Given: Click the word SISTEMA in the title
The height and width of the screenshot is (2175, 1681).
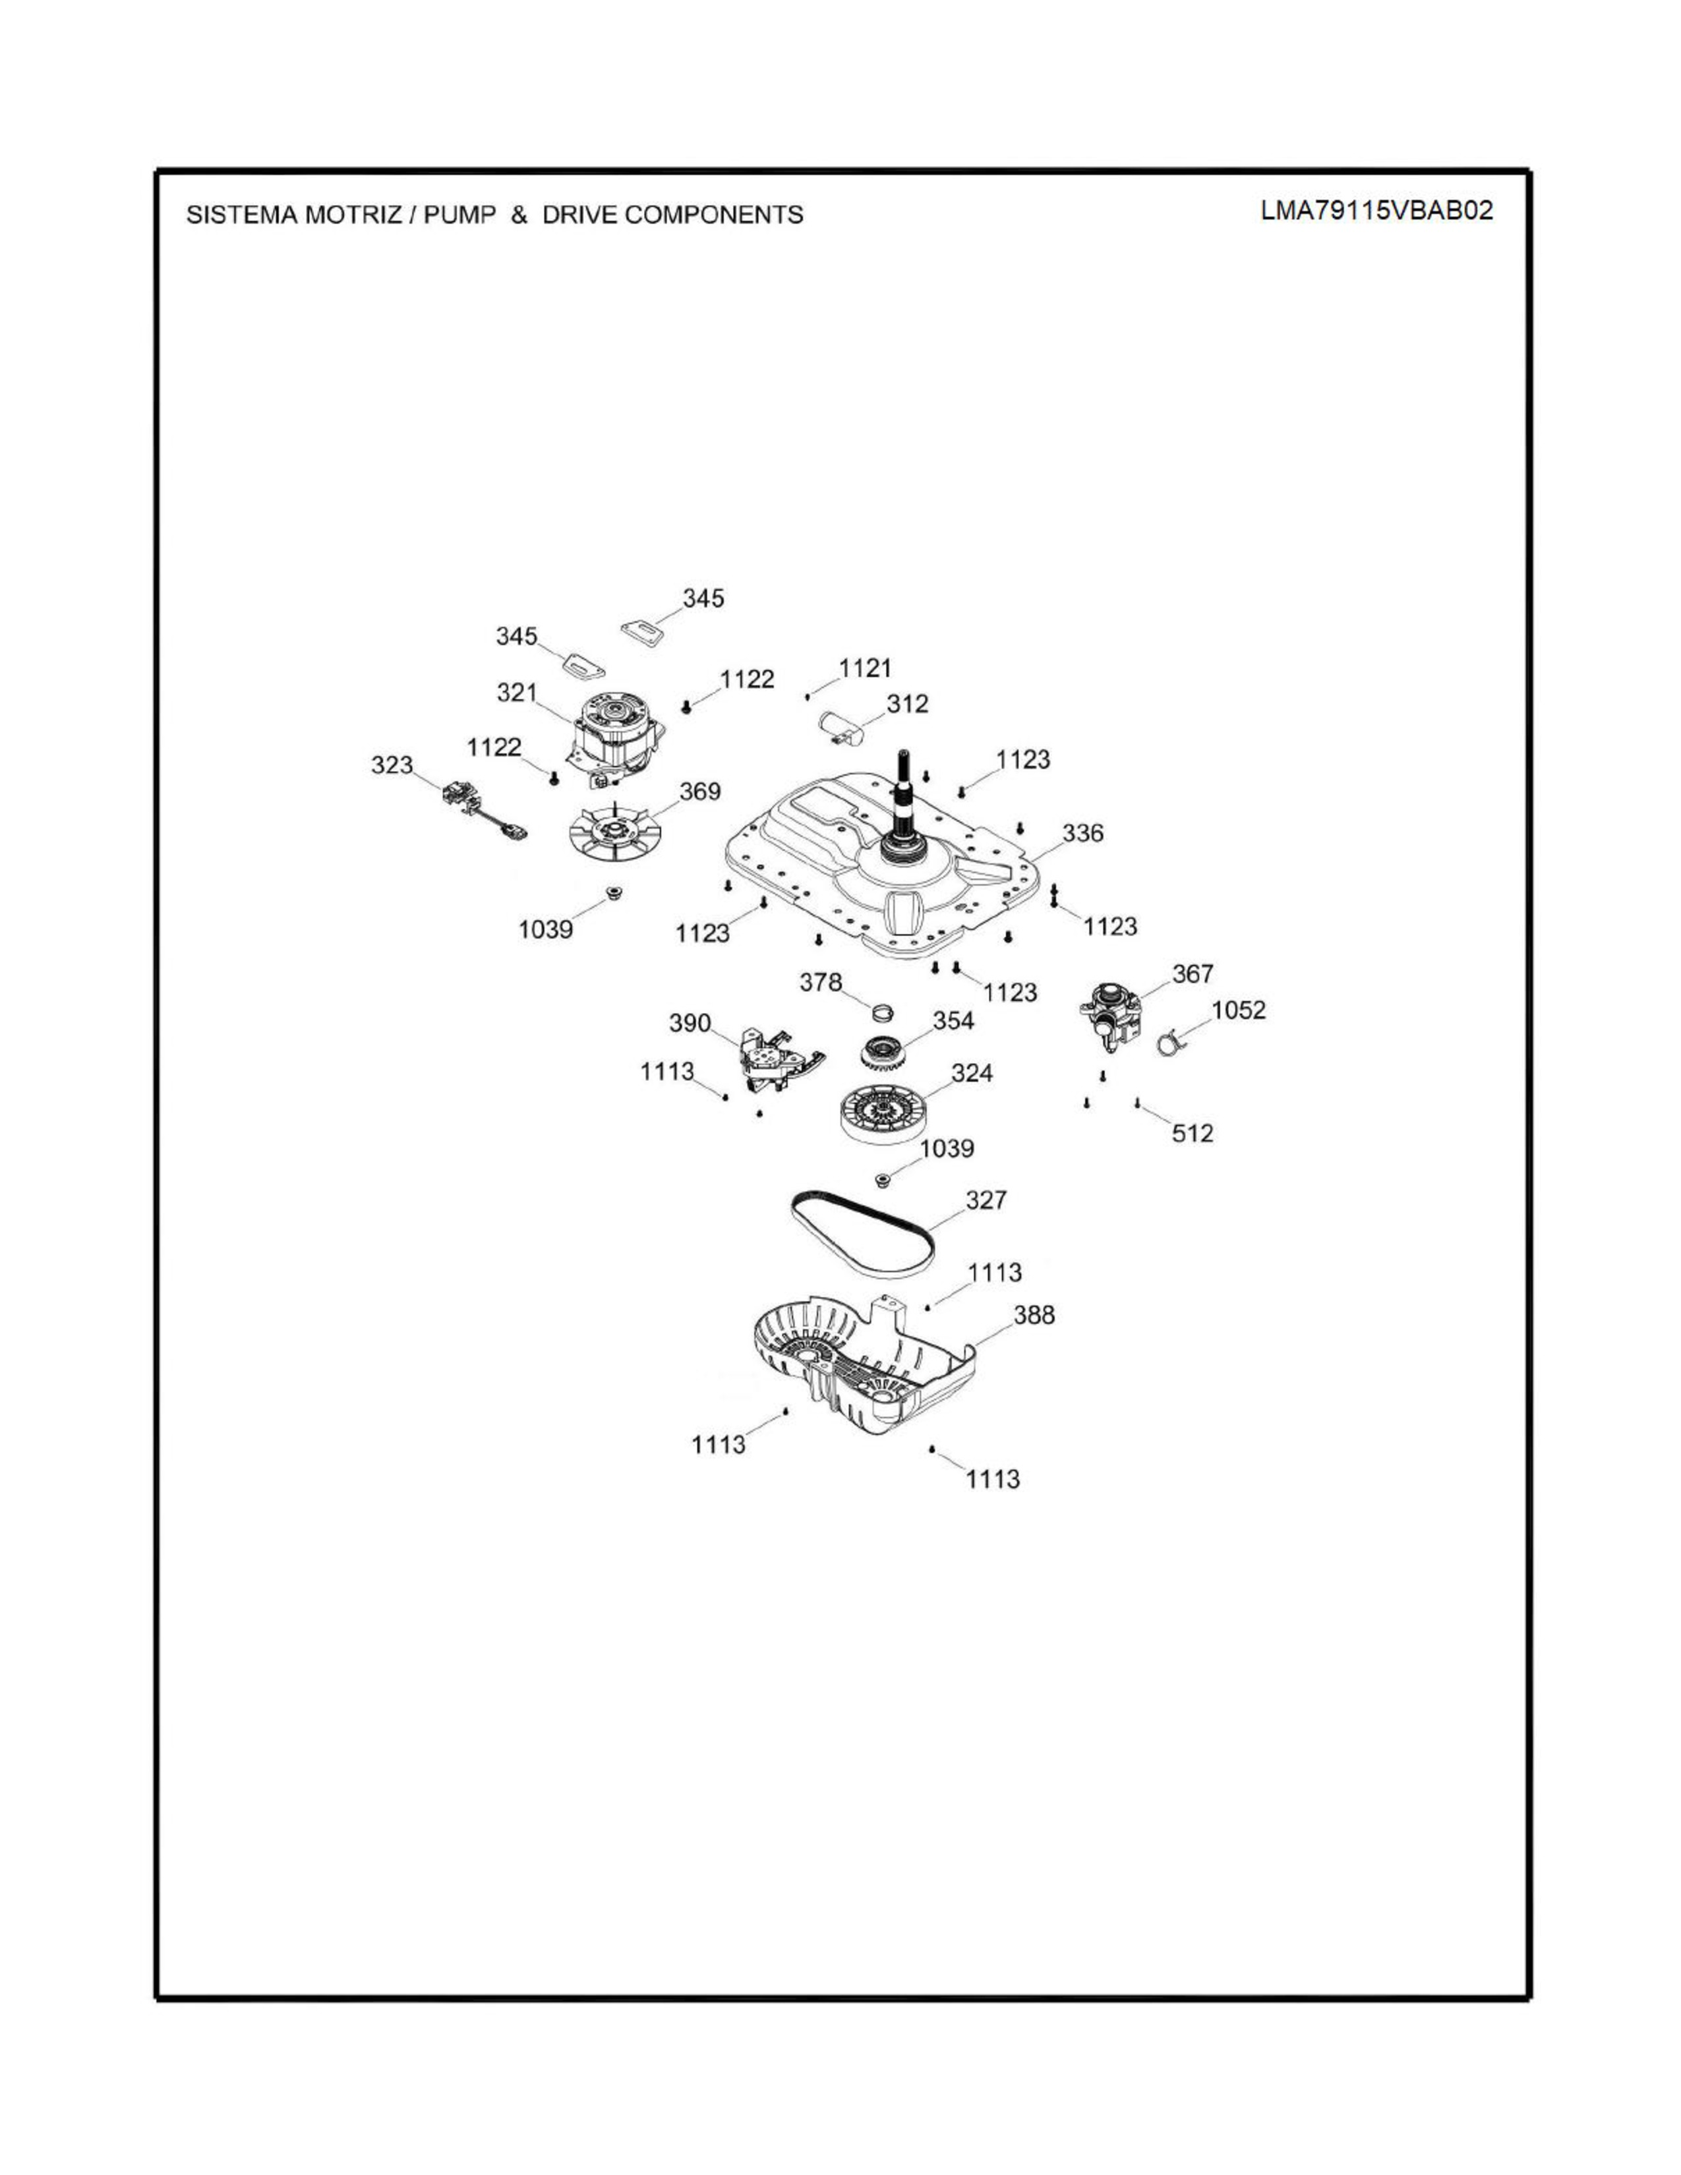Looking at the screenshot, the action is [242, 215].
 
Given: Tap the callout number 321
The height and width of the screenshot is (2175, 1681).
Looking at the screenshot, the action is [517, 692].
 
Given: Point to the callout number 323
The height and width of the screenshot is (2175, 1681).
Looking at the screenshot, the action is [392, 765].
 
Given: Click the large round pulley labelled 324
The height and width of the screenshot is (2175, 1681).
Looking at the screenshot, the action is [883, 1113].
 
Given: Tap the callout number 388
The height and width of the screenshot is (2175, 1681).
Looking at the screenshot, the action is [1034, 1316].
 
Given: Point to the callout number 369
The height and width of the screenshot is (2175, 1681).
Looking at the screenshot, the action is [700, 792].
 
